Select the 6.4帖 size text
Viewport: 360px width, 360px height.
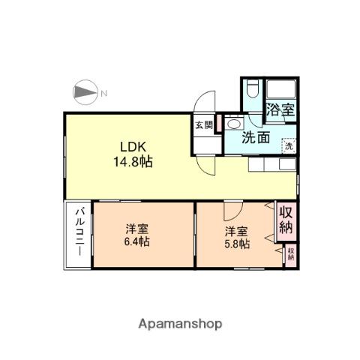[x=136, y=241]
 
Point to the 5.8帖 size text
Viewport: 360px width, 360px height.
[x=236, y=244]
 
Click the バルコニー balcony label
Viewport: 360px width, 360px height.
[x=77, y=233]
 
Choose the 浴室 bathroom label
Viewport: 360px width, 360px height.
[x=282, y=109]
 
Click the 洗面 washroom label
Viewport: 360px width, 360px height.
[x=255, y=137]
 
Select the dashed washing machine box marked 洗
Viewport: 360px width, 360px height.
[x=289, y=146]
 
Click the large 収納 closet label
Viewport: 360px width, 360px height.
[x=286, y=220]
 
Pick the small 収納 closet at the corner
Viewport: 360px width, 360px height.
[x=290, y=254]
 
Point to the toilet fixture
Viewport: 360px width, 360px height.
[x=253, y=91]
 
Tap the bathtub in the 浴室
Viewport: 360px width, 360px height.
[x=282, y=91]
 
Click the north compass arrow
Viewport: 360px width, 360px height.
[x=85, y=93]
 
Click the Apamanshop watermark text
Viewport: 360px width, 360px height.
[x=180, y=324]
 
